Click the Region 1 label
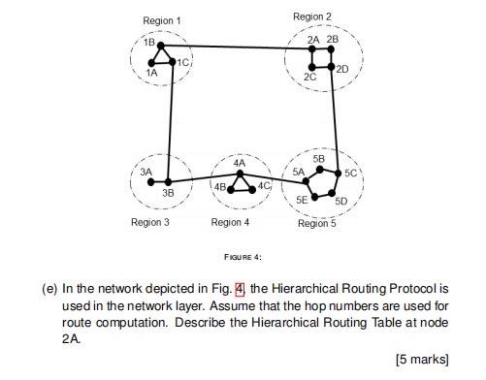coord(162,20)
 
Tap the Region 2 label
coord(311,16)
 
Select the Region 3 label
coord(150,222)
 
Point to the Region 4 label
coord(230,222)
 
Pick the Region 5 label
coord(317,223)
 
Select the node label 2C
coord(309,75)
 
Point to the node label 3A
coord(146,170)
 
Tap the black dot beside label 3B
coord(169,181)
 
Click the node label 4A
coord(240,163)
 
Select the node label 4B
coord(220,186)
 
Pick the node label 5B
coord(319,157)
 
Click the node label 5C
coord(351,173)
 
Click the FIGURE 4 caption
coord(243,257)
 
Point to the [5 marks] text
coord(423,358)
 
